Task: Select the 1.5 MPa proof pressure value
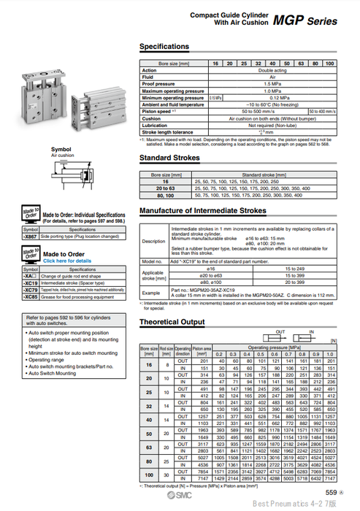(269, 84)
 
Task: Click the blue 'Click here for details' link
(67, 261)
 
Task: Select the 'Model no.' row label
(152, 260)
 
